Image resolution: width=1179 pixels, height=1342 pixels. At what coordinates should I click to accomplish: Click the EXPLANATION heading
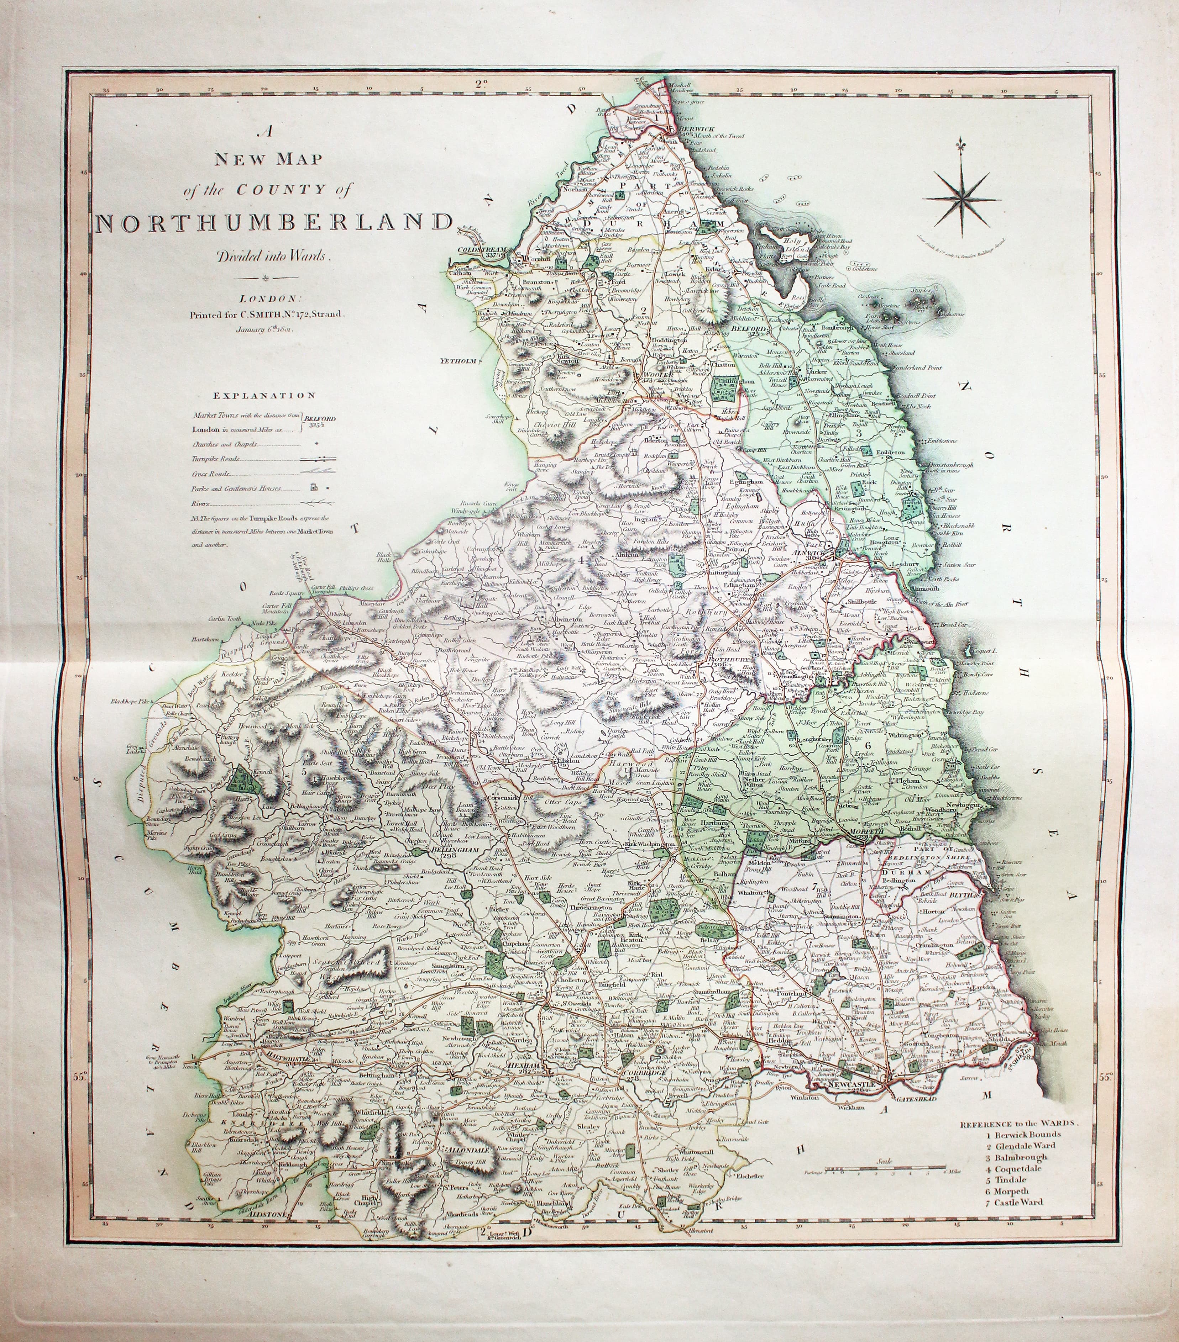point(263,395)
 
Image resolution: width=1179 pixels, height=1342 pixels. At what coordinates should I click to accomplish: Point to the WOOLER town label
point(650,376)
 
